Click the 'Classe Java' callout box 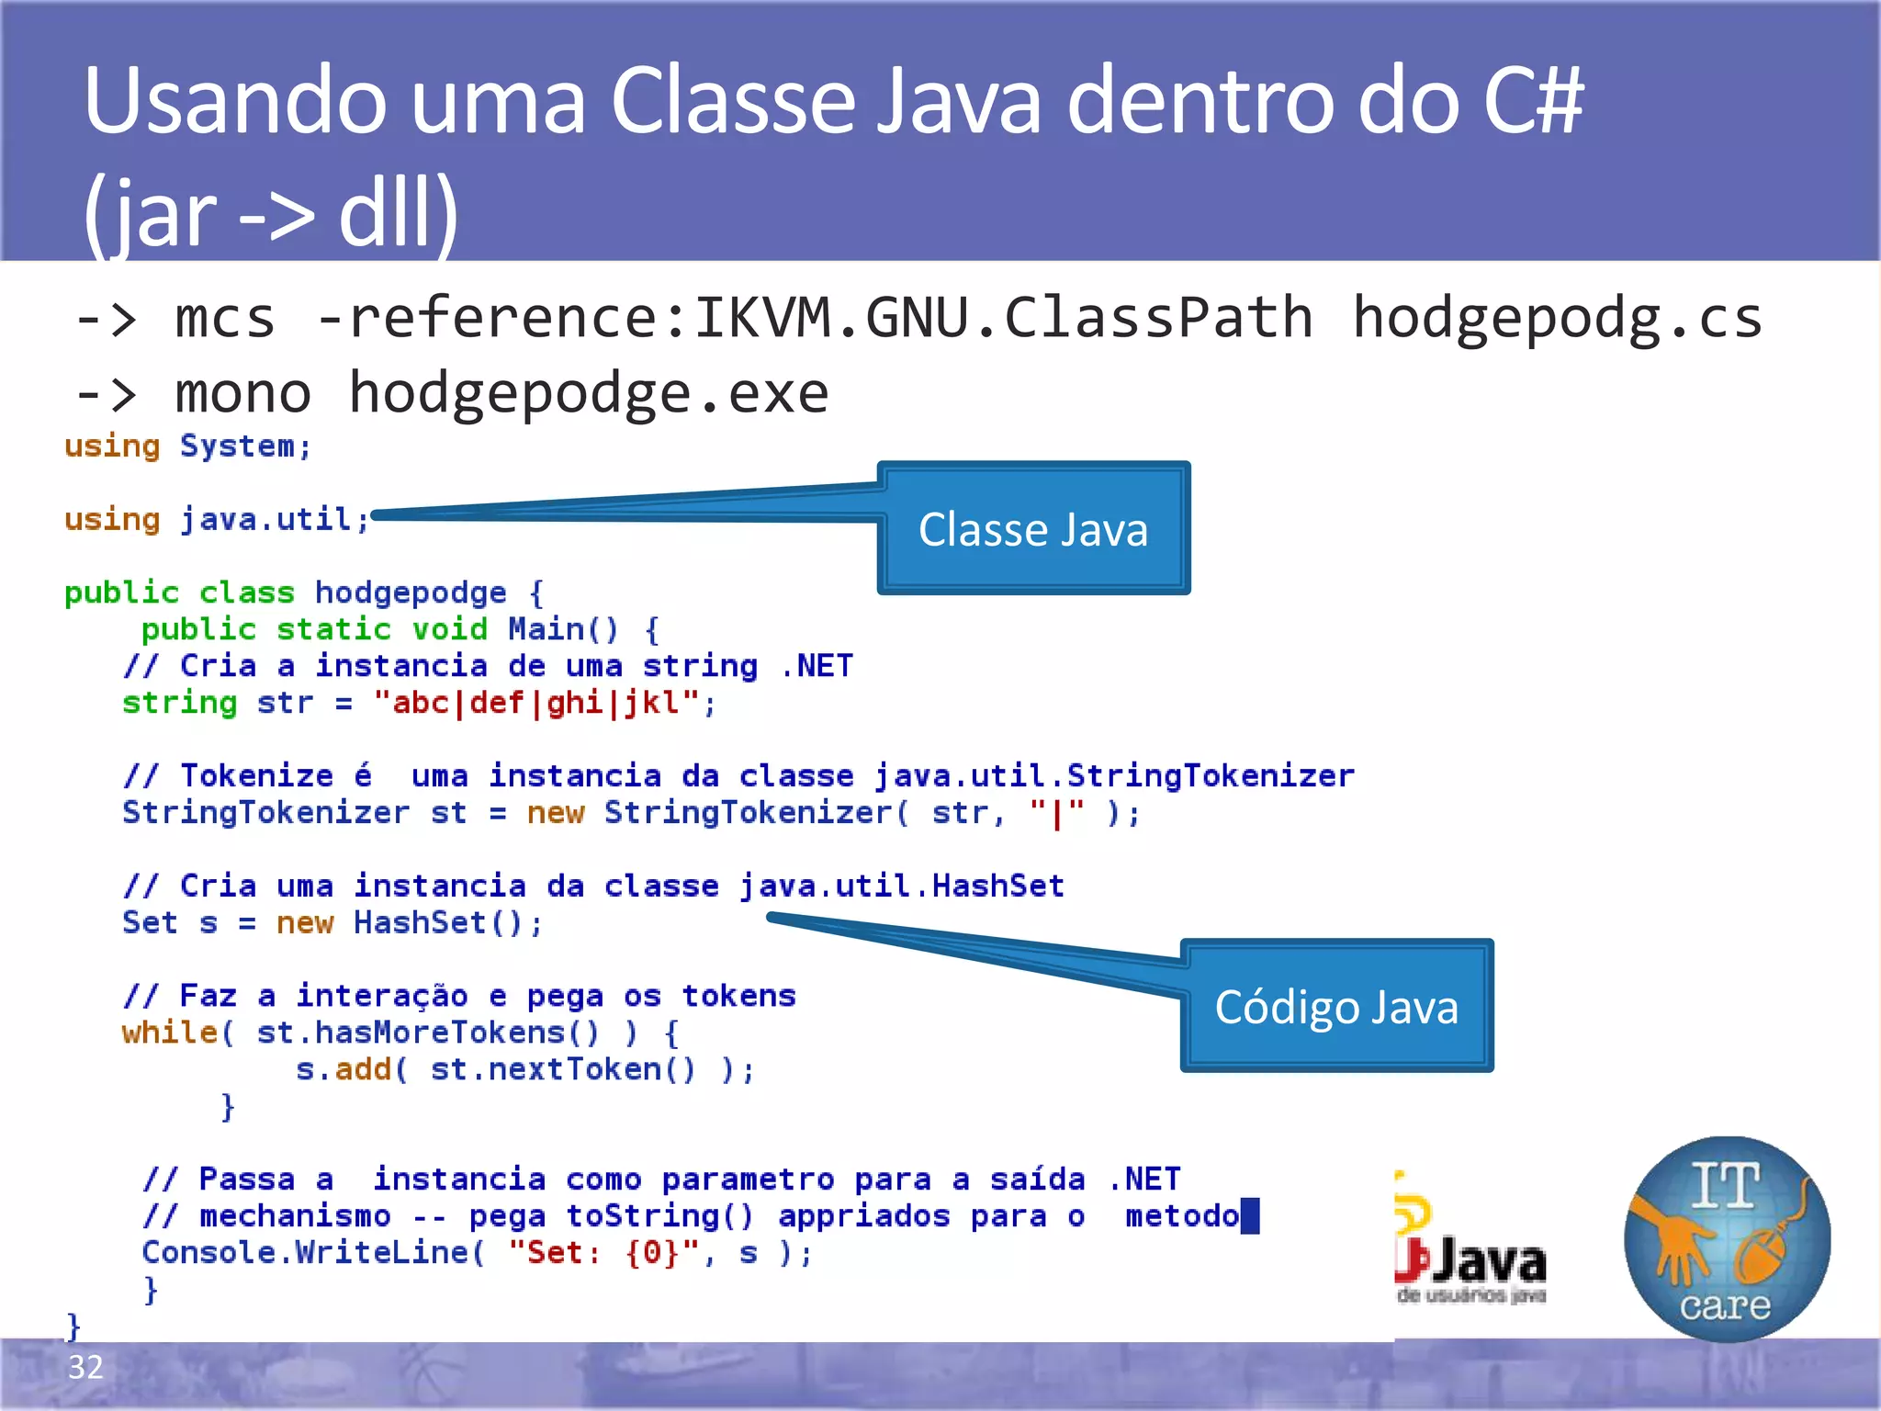(1033, 529)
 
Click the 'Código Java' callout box (1336, 1007)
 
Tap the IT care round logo (1727, 1239)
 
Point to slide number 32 (85, 1367)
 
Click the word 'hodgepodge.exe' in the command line (588, 393)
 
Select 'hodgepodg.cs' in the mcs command (1557, 319)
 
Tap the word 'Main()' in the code (563, 629)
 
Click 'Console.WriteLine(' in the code (313, 1253)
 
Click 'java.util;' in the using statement (275, 520)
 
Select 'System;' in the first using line (245, 446)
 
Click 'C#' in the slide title (1533, 101)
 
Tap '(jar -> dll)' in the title (271, 213)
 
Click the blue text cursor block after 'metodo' (1250, 1216)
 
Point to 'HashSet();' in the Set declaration (448, 922)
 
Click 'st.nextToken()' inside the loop (563, 1069)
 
